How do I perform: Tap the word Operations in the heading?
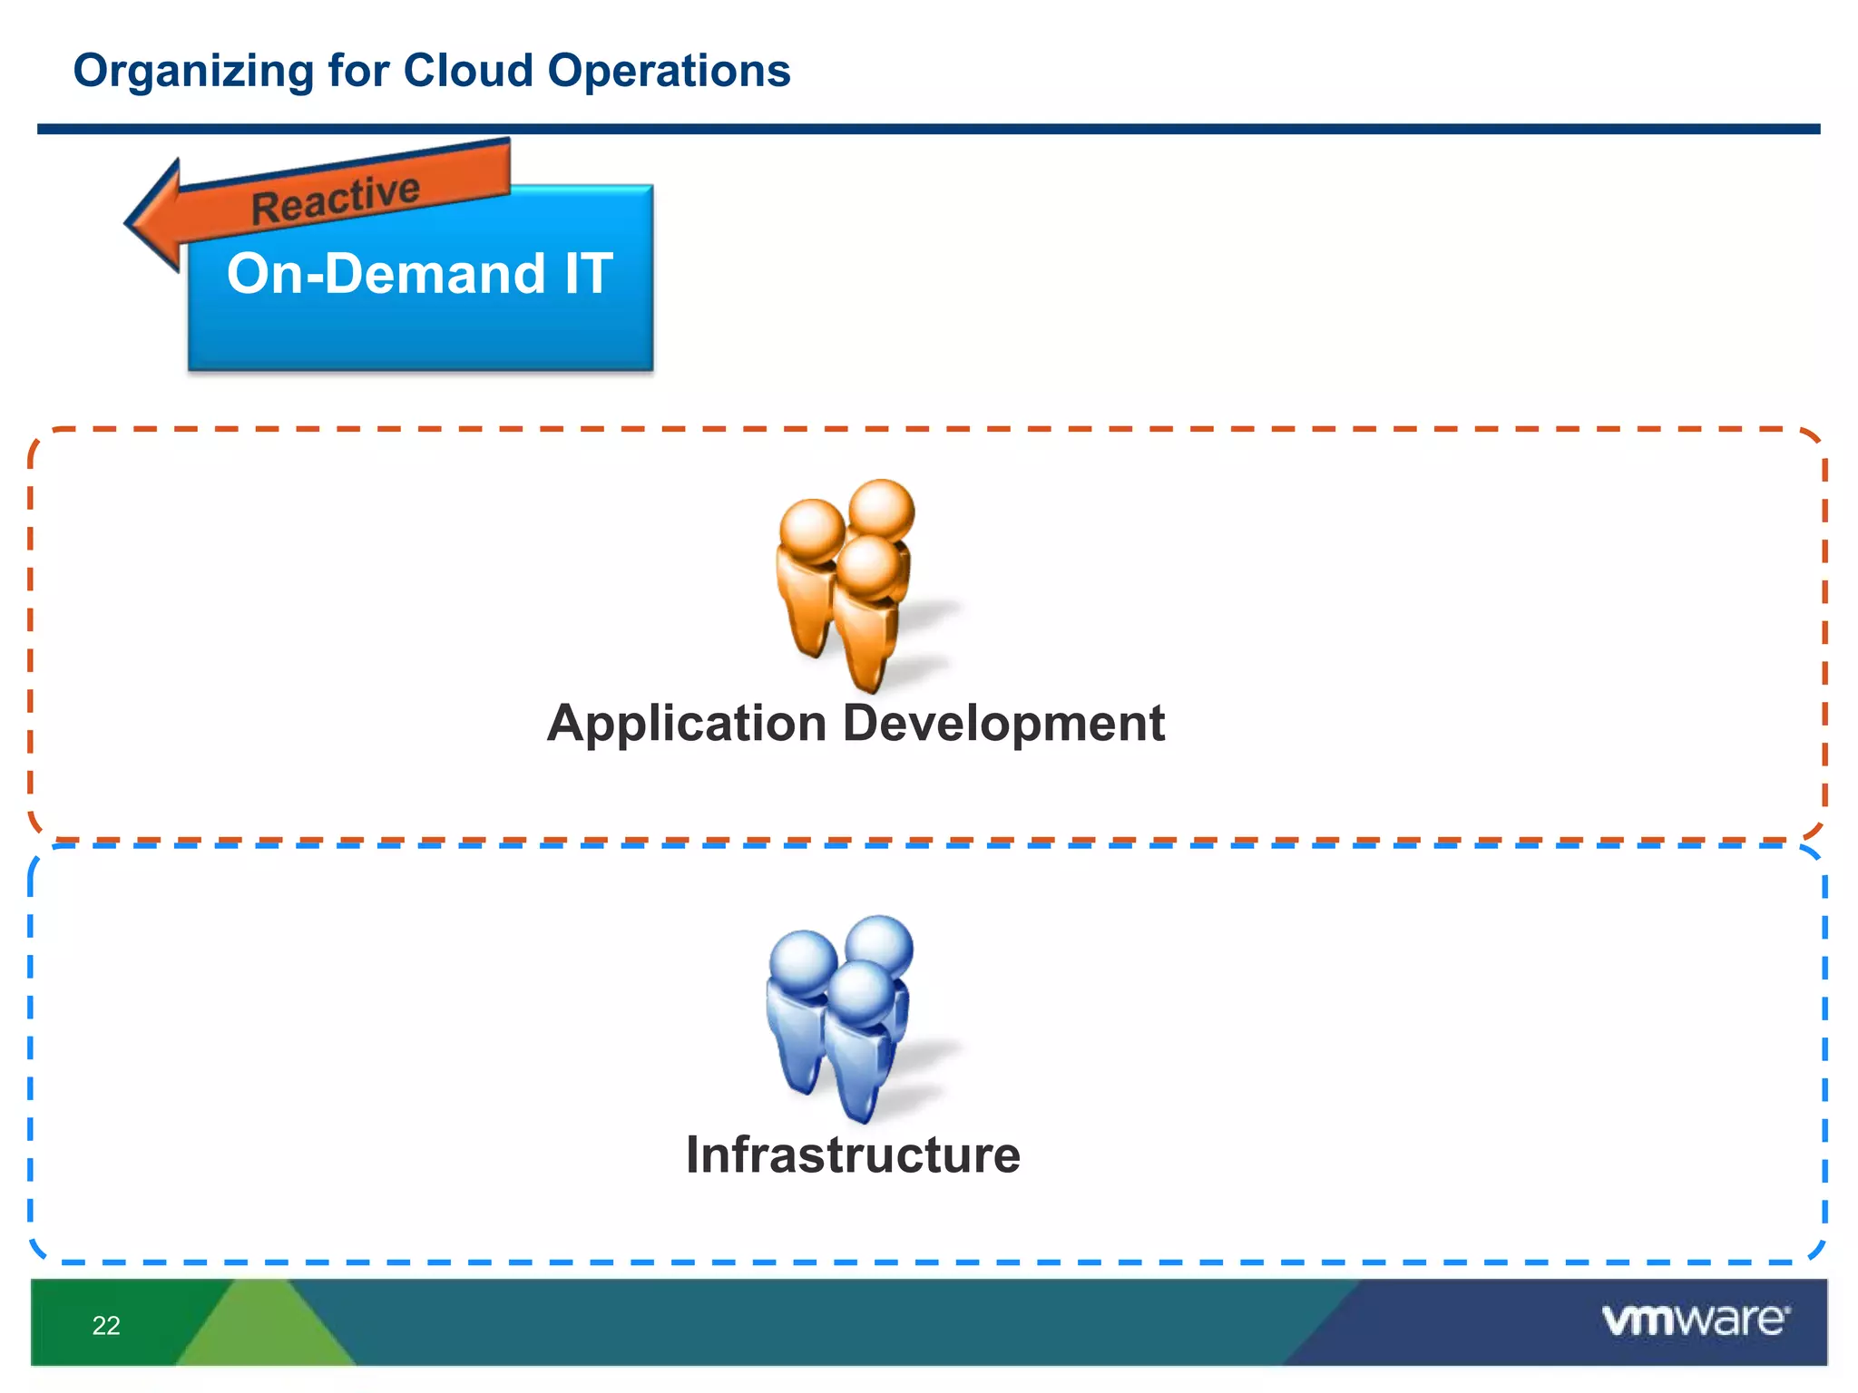[x=669, y=71]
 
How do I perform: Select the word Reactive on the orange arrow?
[x=335, y=199]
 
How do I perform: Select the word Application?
[x=687, y=724]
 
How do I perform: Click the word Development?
[x=1003, y=724]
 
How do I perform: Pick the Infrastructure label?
[x=853, y=1155]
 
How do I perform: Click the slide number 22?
[x=106, y=1325]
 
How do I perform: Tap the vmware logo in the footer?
[x=1695, y=1320]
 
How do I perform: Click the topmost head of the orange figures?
[x=881, y=510]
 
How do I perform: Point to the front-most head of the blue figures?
[x=858, y=992]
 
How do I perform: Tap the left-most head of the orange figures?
[x=812, y=530]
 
